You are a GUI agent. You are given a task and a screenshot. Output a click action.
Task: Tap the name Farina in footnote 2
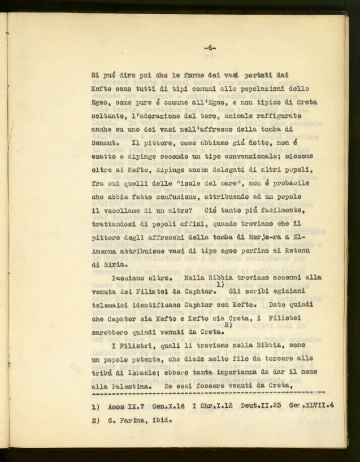click(139, 421)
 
